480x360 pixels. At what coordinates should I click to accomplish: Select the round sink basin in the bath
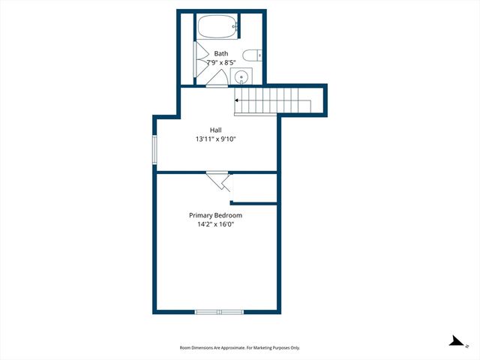(x=241, y=76)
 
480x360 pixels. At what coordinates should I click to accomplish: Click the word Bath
(x=221, y=53)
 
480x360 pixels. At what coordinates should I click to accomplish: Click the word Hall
(x=215, y=130)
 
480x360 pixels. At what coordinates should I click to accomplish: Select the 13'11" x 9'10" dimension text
(x=216, y=139)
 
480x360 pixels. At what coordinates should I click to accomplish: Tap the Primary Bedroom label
(x=215, y=215)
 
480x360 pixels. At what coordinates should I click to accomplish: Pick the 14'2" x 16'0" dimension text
(x=215, y=224)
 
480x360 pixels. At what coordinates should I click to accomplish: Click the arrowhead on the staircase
(x=237, y=99)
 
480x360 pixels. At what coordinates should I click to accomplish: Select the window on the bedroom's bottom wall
(x=219, y=311)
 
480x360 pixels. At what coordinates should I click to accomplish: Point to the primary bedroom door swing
(x=220, y=181)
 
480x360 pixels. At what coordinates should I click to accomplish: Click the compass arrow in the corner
(x=456, y=342)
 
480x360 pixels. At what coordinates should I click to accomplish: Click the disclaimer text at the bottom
(x=240, y=347)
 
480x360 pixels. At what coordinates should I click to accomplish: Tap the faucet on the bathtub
(x=235, y=28)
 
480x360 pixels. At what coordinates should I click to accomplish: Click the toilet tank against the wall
(x=259, y=54)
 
